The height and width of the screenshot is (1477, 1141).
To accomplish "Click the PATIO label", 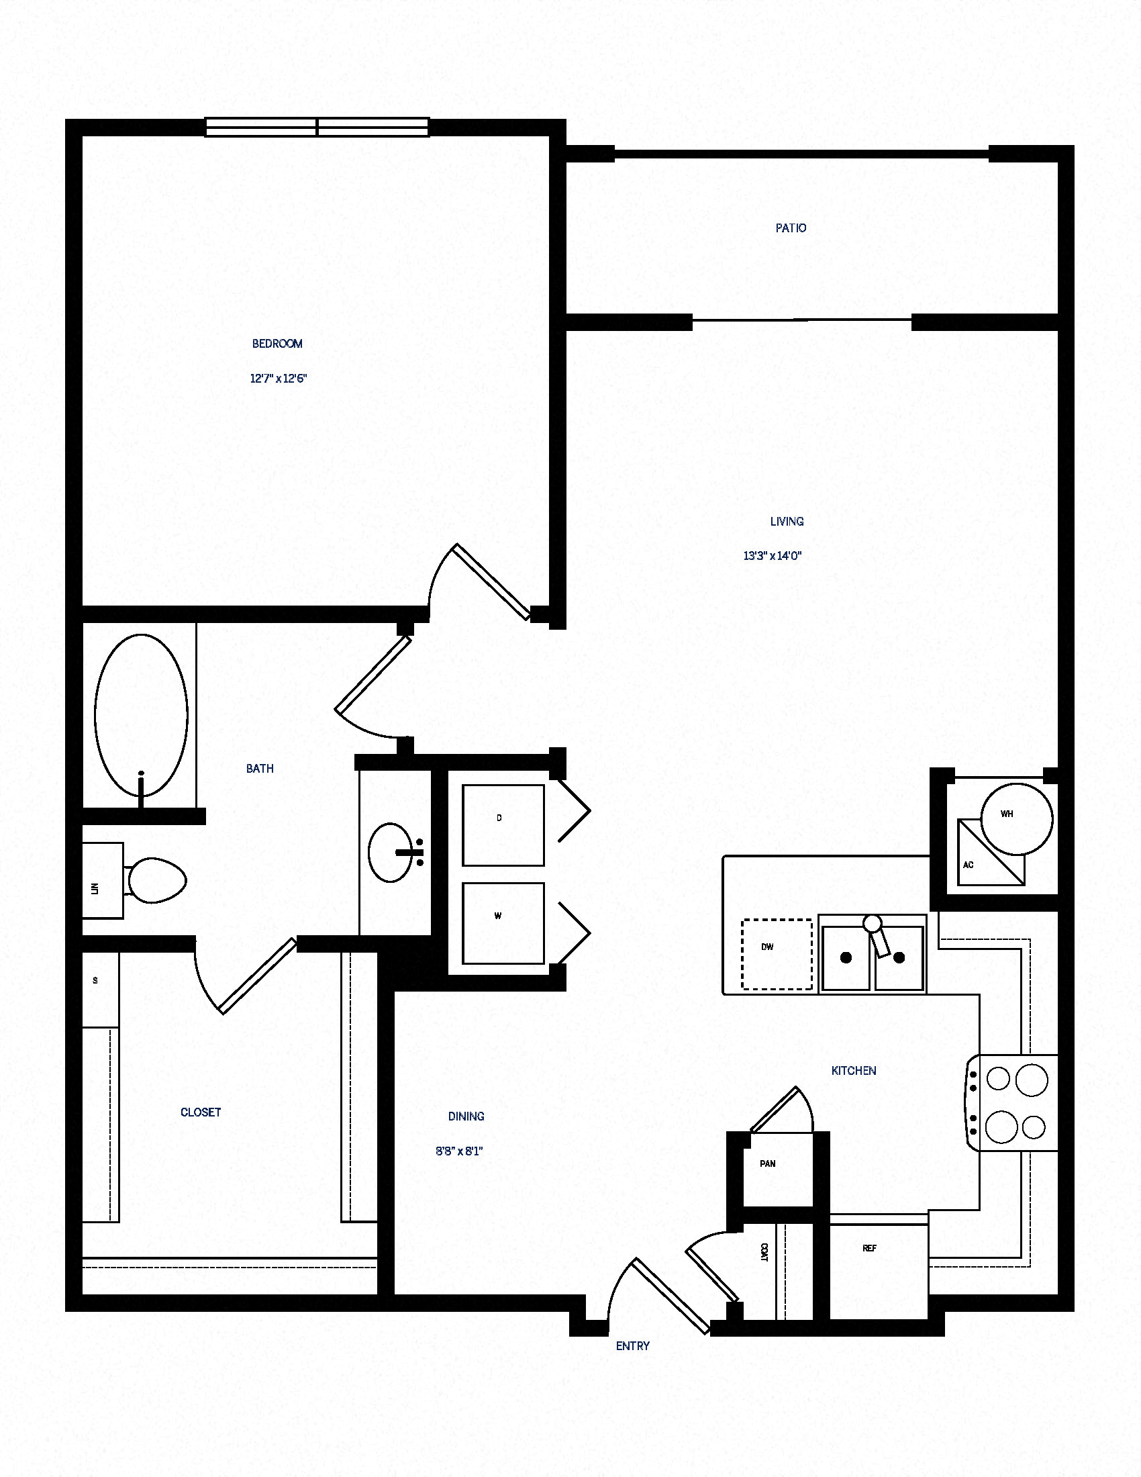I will tap(790, 228).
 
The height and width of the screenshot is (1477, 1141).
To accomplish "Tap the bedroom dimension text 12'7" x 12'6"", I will tap(279, 379).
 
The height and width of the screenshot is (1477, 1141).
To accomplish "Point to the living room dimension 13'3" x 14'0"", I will tap(772, 556).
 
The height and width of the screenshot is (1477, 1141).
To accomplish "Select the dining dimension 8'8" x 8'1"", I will tap(459, 1151).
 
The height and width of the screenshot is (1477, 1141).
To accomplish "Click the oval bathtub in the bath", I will tap(141, 715).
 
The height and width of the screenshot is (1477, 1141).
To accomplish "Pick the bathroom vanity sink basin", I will tap(390, 852).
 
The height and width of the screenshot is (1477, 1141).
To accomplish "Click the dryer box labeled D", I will tap(503, 825).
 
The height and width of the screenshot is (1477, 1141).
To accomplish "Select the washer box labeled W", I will tap(503, 923).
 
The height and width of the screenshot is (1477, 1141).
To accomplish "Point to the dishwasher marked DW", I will tap(777, 954).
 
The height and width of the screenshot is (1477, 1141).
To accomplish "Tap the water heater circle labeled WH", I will tap(1016, 819).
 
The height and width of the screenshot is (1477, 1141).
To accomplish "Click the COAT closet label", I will tap(764, 1252).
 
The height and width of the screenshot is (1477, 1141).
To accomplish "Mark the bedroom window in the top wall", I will tap(317, 127).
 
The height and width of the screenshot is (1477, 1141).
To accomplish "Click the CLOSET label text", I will tap(201, 1112).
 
